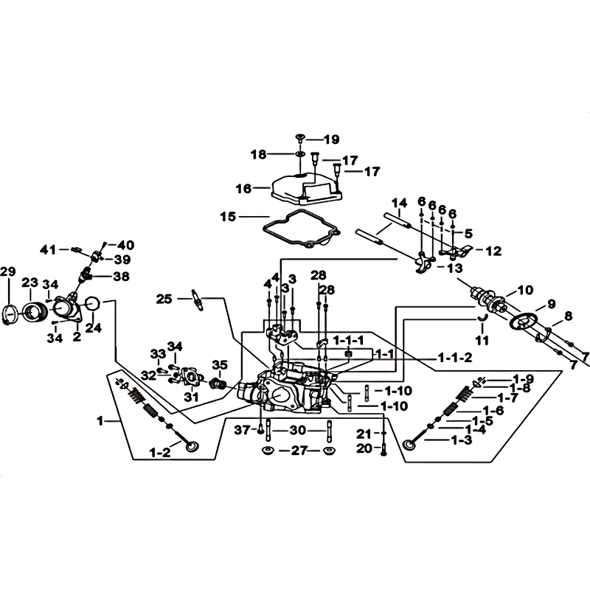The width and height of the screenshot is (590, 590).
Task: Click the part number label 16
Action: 243,188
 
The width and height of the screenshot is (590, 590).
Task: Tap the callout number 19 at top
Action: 331,139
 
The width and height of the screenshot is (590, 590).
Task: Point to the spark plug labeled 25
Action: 198,299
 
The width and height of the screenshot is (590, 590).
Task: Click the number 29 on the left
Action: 8,271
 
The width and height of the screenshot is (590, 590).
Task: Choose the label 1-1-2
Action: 455,358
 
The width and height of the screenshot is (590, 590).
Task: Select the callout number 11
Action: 482,341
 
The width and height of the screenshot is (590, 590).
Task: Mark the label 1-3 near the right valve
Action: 462,440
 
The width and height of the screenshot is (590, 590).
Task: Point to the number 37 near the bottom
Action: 242,430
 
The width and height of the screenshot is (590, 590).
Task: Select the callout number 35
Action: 220,365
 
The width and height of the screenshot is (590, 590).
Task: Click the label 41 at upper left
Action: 49,249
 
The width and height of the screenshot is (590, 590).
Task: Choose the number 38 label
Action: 122,277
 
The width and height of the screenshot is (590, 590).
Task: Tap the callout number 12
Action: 493,251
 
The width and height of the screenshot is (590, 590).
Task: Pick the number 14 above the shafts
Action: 399,204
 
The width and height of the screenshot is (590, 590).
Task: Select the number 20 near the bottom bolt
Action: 364,448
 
